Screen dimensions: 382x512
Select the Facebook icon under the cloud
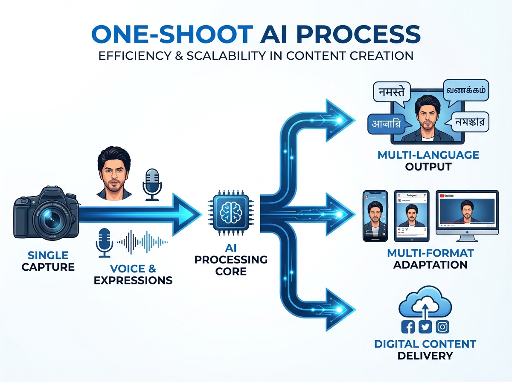[408, 327]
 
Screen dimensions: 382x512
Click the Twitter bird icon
[426, 327]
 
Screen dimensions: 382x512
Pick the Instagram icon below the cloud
[443, 327]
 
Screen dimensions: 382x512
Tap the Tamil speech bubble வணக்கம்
[466, 91]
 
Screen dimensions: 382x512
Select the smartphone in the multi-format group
[375, 216]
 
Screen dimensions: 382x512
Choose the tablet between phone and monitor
[411, 215]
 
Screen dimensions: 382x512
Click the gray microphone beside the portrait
[151, 183]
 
